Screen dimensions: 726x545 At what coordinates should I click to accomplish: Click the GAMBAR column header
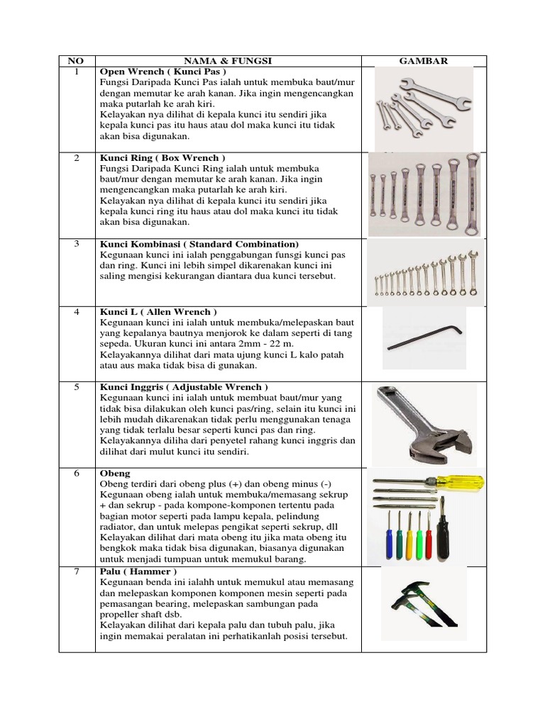pos(424,61)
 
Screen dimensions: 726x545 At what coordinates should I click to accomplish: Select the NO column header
pos(77,61)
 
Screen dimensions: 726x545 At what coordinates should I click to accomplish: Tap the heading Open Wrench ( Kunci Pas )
pos(163,72)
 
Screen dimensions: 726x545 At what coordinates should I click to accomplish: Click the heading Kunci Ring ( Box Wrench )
pos(163,157)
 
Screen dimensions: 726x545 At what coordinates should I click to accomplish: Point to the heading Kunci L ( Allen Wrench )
pos(158,311)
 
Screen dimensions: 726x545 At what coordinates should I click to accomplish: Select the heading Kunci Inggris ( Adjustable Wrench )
pos(184,387)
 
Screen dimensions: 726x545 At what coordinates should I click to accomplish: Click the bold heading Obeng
pos(114,473)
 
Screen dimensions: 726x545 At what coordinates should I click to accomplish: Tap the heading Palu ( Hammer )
pos(138,571)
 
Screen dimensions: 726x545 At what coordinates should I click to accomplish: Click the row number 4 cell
pos(77,311)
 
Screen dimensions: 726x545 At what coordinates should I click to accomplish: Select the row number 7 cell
pos(77,571)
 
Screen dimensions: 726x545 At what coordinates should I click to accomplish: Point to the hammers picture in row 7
pos(424,605)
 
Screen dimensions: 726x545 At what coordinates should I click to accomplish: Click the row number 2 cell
pos(77,157)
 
